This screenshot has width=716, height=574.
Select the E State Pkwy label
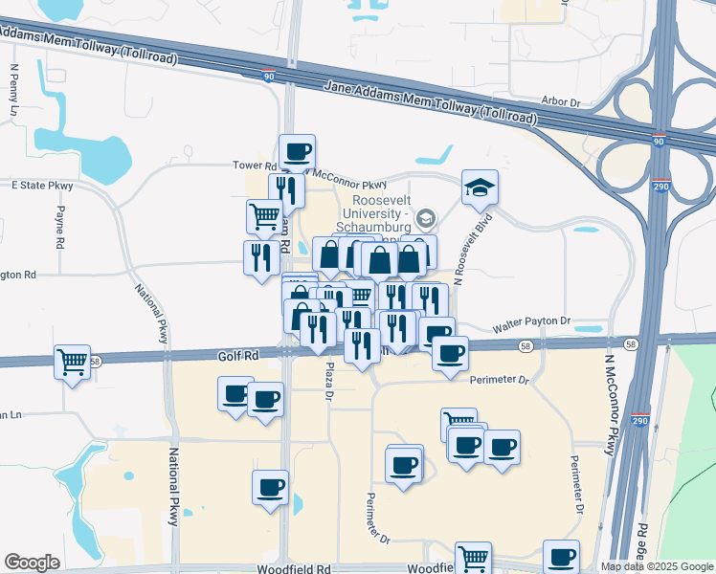pos(42,185)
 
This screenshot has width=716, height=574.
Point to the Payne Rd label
pos(58,228)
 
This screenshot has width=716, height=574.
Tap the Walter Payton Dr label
pos(531,323)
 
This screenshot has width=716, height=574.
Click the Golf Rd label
pos(239,356)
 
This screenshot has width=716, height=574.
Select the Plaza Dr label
pos(328,380)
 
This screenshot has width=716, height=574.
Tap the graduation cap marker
pos(480,187)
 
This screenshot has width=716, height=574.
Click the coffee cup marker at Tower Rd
pos(297,150)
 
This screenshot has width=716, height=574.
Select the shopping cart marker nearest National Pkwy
pos(73,362)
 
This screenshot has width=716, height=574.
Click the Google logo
pos(32,563)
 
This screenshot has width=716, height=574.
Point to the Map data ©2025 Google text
pos(658,566)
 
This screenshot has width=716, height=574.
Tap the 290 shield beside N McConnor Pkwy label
pos(640,420)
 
